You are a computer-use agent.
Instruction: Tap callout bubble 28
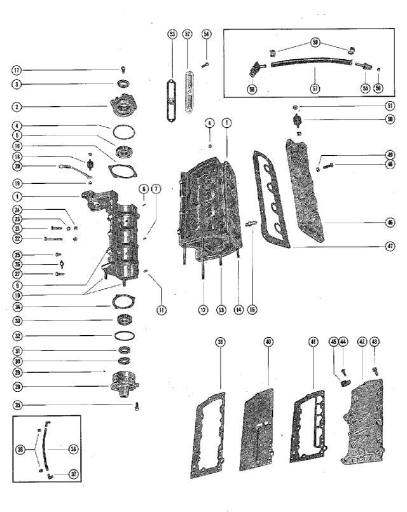pos(17,386)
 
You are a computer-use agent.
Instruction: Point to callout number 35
pos(17,405)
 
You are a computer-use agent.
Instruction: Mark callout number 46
pos(390,223)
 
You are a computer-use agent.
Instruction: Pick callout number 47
pos(390,246)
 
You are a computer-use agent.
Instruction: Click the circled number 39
pos(220,342)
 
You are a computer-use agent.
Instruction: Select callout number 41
pos(313,342)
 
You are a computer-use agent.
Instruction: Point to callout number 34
pos(17,306)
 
